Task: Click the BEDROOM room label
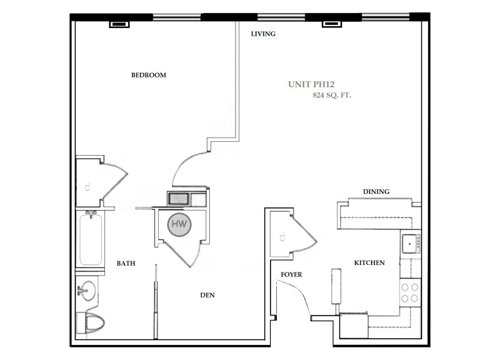click(x=148, y=76)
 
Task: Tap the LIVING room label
click(x=263, y=34)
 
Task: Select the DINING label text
click(x=376, y=192)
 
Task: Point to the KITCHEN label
click(x=369, y=263)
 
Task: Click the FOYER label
click(x=292, y=274)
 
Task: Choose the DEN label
click(x=208, y=296)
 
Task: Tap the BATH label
click(x=126, y=264)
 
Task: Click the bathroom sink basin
click(x=87, y=291)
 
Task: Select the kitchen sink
click(x=410, y=241)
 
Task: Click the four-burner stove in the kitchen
click(x=409, y=292)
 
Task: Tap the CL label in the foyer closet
click(x=282, y=236)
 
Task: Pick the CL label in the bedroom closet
click(x=87, y=186)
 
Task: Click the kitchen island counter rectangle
click(x=336, y=289)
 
